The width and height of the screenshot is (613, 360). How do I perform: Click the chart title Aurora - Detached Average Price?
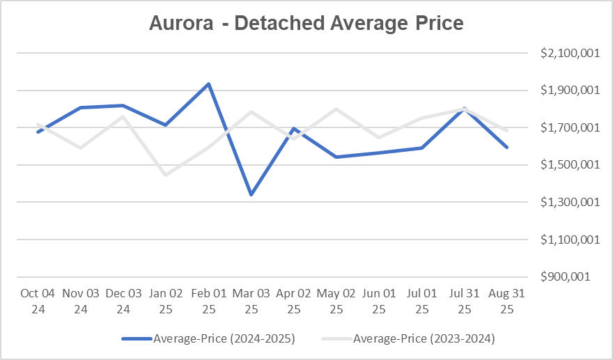point(306,23)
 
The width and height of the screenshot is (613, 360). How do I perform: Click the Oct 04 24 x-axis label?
point(38,302)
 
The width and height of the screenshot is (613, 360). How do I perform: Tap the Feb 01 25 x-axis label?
point(208,302)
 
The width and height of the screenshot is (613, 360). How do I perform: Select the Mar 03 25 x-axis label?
point(251,302)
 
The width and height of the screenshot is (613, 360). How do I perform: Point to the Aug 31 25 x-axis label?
point(507,302)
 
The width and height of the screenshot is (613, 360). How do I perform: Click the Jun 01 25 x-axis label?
point(379,302)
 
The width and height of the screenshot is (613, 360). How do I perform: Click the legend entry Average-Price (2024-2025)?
point(208,339)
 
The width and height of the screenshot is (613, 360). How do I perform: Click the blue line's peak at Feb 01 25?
point(208,84)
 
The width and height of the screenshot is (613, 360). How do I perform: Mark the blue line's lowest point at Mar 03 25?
point(251,195)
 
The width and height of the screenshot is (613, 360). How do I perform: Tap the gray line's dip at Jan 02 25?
point(166,175)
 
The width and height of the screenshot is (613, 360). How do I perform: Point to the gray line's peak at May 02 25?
point(336,109)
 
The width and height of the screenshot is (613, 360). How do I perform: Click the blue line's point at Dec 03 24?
point(123,106)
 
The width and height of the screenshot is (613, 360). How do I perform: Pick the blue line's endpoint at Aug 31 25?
point(507,147)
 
